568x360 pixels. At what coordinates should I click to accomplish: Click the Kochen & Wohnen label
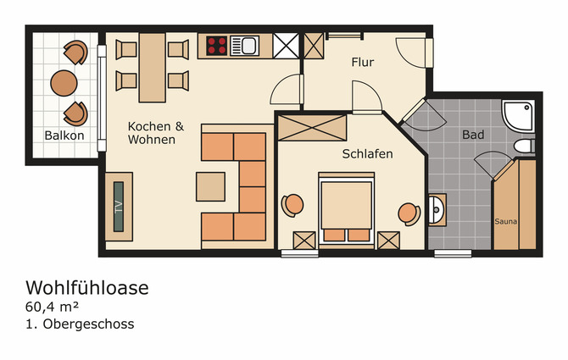(x=156, y=133)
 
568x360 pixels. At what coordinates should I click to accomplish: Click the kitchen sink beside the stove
(x=249, y=45)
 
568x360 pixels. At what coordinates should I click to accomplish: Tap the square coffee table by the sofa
(x=211, y=186)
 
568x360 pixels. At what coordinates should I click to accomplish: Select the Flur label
(x=363, y=63)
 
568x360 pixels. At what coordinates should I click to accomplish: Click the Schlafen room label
(x=367, y=154)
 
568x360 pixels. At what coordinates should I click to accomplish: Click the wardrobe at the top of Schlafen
(x=312, y=128)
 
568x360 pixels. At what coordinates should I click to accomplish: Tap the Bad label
(x=472, y=135)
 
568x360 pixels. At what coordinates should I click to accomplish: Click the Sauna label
(x=505, y=222)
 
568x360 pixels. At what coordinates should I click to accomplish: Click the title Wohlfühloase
(x=86, y=288)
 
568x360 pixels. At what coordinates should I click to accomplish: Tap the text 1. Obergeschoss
(x=80, y=324)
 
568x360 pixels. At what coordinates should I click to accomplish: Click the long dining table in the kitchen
(x=153, y=65)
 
